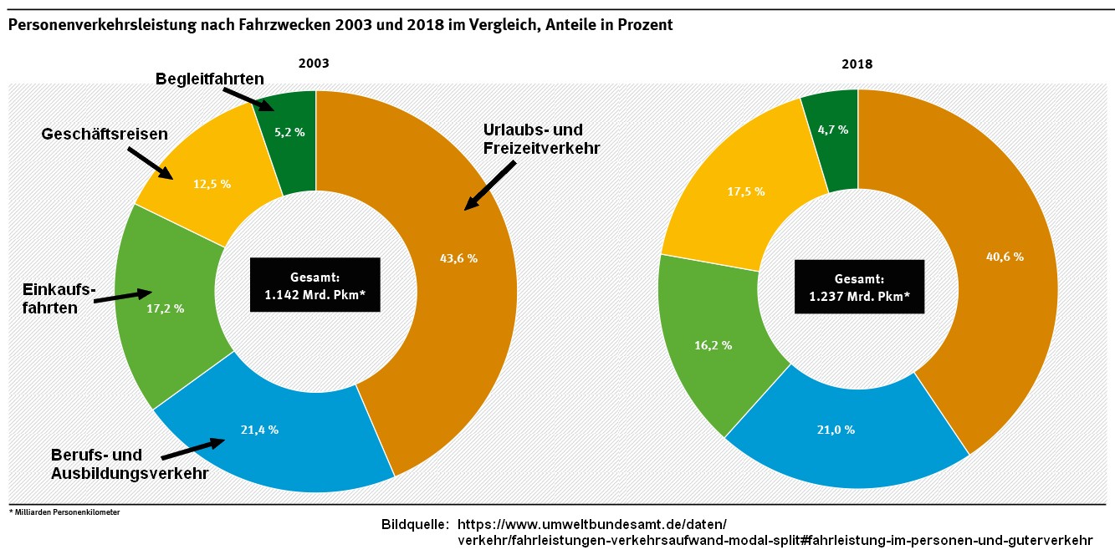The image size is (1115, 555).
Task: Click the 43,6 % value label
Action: pyautogui.click(x=458, y=258)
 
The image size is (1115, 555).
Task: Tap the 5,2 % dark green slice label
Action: pyautogui.click(x=288, y=132)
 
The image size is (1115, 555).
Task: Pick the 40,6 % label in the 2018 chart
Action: pyautogui.click(x=1004, y=257)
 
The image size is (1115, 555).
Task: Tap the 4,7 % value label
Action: pyautogui.click(x=831, y=130)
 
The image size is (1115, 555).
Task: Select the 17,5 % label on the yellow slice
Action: pyautogui.click(x=745, y=191)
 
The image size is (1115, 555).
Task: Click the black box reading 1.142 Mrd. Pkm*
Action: pyautogui.click(x=315, y=284)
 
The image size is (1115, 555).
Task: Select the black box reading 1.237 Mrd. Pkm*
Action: pyautogui.click(x=859, y=287)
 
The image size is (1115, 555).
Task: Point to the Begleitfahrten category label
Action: pyautogui.click(x=210, y=79)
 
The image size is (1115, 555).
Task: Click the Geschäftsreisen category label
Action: pyautogui.click(x=105, y=133)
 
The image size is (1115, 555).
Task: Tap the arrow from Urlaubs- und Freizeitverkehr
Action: pyautogui.click(x=491, y=185)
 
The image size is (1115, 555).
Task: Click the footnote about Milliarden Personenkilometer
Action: pyautogui.click(x=64, y=512)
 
